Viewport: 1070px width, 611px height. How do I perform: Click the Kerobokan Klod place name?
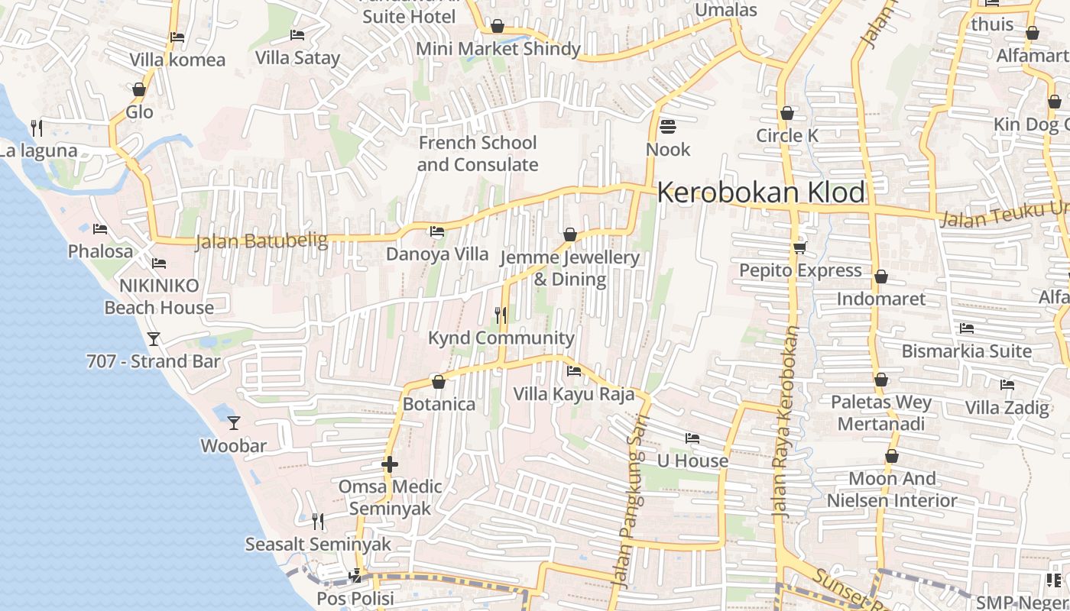tap(760, 192)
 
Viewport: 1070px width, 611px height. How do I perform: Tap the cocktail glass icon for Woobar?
tap(234, 422)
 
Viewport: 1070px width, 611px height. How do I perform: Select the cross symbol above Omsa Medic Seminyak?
tap(390, 464)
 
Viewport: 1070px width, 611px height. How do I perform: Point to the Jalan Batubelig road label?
tap(261, 241)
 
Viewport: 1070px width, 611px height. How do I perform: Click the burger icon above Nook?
tap(668, 126)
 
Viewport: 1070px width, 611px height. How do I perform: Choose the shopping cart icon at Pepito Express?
tap(800, 247)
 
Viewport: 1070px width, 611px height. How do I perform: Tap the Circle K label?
tap(786, 136)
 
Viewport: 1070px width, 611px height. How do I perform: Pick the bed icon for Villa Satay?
tap(297, 34)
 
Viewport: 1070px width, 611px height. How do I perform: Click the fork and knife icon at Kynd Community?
tap(501, 315)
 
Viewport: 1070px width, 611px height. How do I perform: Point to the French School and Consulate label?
tap(478, 154)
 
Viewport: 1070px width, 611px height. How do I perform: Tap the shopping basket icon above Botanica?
tap(439, 381)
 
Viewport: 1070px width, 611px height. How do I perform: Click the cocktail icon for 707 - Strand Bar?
tap(154, 338)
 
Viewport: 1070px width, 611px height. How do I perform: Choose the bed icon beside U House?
tap(692, 438)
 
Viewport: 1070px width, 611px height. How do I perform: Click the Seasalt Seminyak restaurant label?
tap(318, 545)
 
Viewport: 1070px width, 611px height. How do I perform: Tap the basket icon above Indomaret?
tap(881, 276)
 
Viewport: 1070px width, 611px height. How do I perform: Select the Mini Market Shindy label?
tap(498, 49)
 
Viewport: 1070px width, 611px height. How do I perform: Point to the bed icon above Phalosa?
tap(100, 228)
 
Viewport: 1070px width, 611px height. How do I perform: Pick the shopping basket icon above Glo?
tap(139, 89)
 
